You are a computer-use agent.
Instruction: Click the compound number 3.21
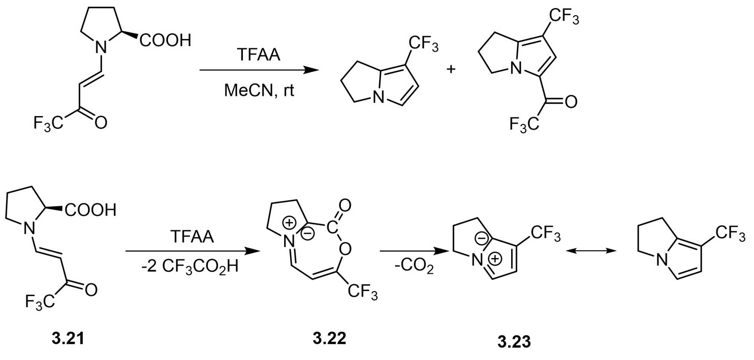[68, 338]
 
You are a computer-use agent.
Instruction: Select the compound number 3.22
[329, 338]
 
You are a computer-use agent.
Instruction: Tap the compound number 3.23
[514, 342]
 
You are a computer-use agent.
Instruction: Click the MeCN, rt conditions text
[259, 90]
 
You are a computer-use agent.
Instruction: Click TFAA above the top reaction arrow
[259, 55]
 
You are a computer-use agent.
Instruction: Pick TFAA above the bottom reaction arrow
[192, 237]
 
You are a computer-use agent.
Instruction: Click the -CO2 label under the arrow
[414, 266]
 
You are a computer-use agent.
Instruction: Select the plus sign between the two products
[451, 69]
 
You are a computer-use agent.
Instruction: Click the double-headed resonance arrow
[591, 251]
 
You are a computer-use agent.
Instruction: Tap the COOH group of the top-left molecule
[166, 40]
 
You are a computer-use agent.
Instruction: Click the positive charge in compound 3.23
[495, 259]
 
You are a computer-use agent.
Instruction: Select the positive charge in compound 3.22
[289, 223]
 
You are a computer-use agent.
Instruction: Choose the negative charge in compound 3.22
[308, 234]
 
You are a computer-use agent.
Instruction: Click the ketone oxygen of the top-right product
[571, 102]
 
